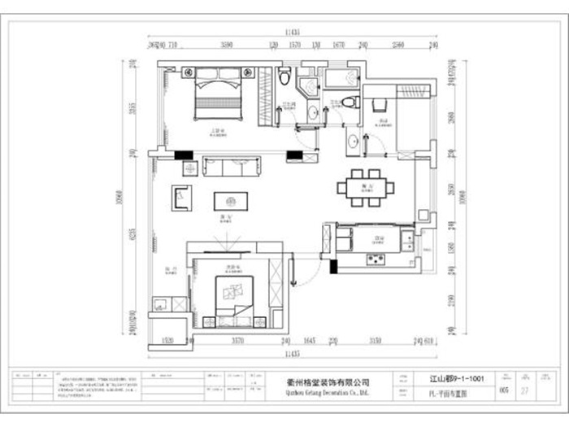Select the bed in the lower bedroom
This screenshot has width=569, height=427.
pyautogui.click(x=234, y=297)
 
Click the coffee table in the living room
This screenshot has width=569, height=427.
pyautogui.click(x=230, y=200)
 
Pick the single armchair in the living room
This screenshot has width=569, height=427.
pyautogui.click(x=181, y=197)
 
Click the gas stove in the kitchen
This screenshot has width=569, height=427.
pyautogui.click(x=376, y=260)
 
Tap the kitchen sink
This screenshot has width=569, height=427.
pyautogui.click(x=406, y=239)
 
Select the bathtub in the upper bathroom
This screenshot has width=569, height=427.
pyautogui.click(x=341, y=78)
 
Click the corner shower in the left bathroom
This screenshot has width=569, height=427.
pyautogui.click(x=308, y=88)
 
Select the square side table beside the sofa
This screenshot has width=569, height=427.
pyautogui.click(x=190, y=168)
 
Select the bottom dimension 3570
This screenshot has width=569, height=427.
pyautogui.click(x=238, y=342)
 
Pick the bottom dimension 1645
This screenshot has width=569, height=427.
pyautogui.click(x=309, y=342)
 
